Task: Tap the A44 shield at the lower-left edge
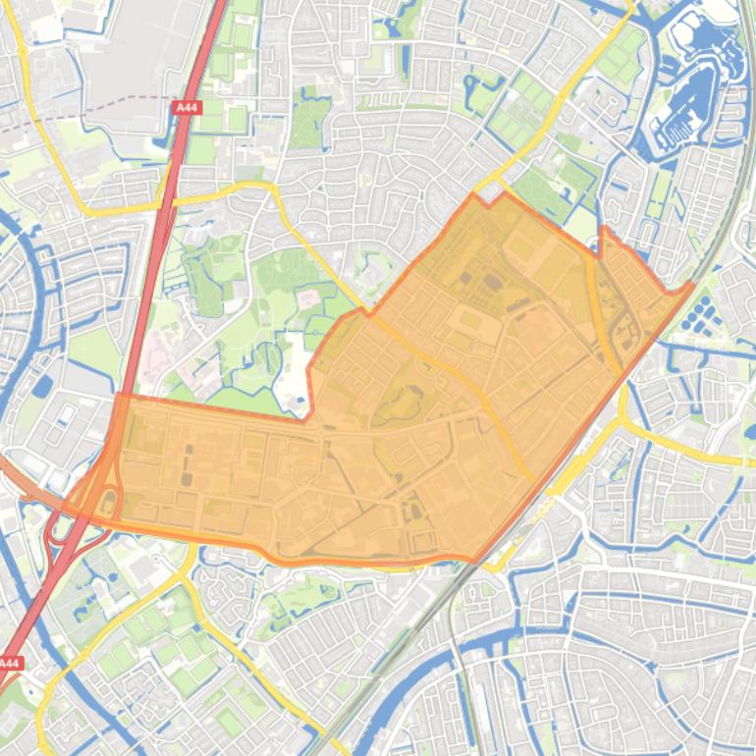pos(10,664)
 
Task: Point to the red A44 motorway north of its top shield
pos(206,39)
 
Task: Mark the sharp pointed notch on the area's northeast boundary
pos(602,230)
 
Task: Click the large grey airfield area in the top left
pos(128,49)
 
